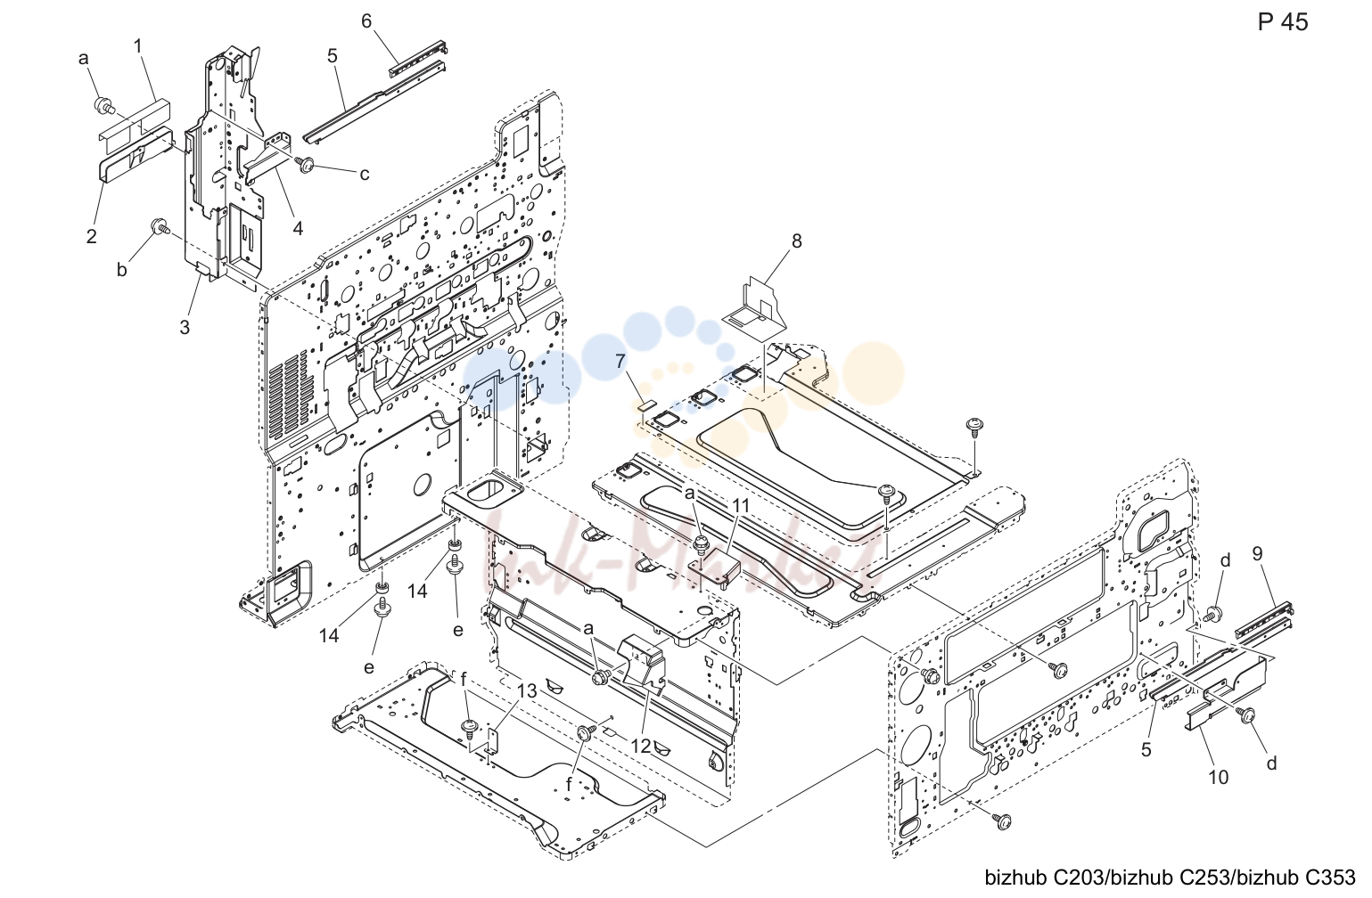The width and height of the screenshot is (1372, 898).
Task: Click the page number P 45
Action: pos(1283,22)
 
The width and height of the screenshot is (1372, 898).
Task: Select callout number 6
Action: pos(366,21)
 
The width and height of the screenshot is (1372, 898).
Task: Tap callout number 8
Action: pos(796,241)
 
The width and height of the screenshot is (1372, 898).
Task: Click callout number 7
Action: pos(620,362)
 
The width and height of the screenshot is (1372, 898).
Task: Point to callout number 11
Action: pos(741,506)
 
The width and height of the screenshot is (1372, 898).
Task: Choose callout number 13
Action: pos(527,691)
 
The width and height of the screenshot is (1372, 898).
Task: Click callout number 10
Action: pos(1219,778)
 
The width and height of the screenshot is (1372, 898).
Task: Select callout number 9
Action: pos(1258,554)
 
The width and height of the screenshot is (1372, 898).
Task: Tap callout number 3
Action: pos(185,328)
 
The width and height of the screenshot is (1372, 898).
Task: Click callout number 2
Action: pos(91,236)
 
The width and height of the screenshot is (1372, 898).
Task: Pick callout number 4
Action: pos(298,229)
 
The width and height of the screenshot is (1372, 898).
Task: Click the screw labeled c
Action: pos(305,163)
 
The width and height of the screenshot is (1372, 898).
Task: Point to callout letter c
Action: pos(365,175)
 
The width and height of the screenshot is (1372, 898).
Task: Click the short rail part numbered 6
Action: pos(418,60)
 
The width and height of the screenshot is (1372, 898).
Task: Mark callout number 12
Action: pos(641,747)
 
